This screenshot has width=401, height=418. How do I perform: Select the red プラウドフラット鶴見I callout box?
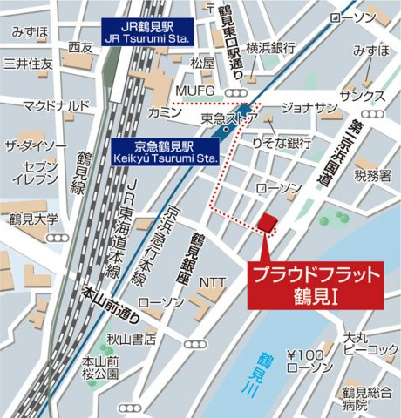click(x=316, y=283)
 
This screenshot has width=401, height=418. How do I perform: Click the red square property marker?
click(x=268, y=221)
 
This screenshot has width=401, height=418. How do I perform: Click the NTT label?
click(x=213, y=282)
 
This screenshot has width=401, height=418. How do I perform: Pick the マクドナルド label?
click(x=56, y=106)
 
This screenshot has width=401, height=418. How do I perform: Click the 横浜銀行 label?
click(x=271, y=49)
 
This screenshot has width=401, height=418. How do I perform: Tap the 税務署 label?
click(x=373, y=176)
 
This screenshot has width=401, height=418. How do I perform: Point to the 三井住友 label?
click(x=29, y=64)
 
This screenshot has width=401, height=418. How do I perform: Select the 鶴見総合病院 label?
click(x=366, y=398)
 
